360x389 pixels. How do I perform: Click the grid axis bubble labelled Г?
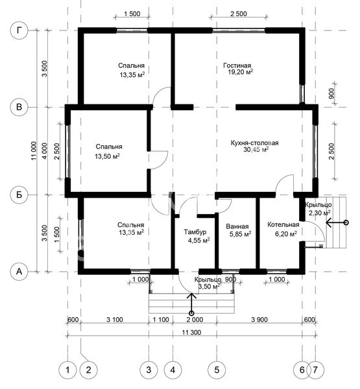(x=19, y=30)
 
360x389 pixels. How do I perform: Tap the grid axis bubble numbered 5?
(x=217, y=370)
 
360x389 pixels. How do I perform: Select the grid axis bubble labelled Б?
(x=19, y=194)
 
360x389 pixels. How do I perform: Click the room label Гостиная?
(x=237, y=65)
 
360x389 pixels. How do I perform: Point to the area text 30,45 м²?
(x=256, y=149)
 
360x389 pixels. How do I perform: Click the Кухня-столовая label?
(x=255, y=143)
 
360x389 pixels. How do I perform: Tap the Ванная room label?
(x=237, y=226)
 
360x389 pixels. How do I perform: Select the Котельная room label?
(x=283, y=225)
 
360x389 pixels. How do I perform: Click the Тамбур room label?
(x=195, y=232)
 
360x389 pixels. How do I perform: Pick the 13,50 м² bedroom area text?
(x=107, y=156)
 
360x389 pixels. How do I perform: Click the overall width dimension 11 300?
(x=191, y=333)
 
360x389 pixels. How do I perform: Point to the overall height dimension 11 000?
(x=34, y=150)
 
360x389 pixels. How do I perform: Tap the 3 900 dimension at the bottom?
(x=259, y=320)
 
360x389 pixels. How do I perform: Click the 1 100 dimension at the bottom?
(x=161, y=320)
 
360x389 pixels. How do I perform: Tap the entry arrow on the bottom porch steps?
(x=191, y=303)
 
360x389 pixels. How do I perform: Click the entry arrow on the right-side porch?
(x=337, y=223)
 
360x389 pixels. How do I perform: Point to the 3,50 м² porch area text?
(x=210, y=287)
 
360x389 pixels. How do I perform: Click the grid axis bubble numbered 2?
(x=88, y=370)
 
